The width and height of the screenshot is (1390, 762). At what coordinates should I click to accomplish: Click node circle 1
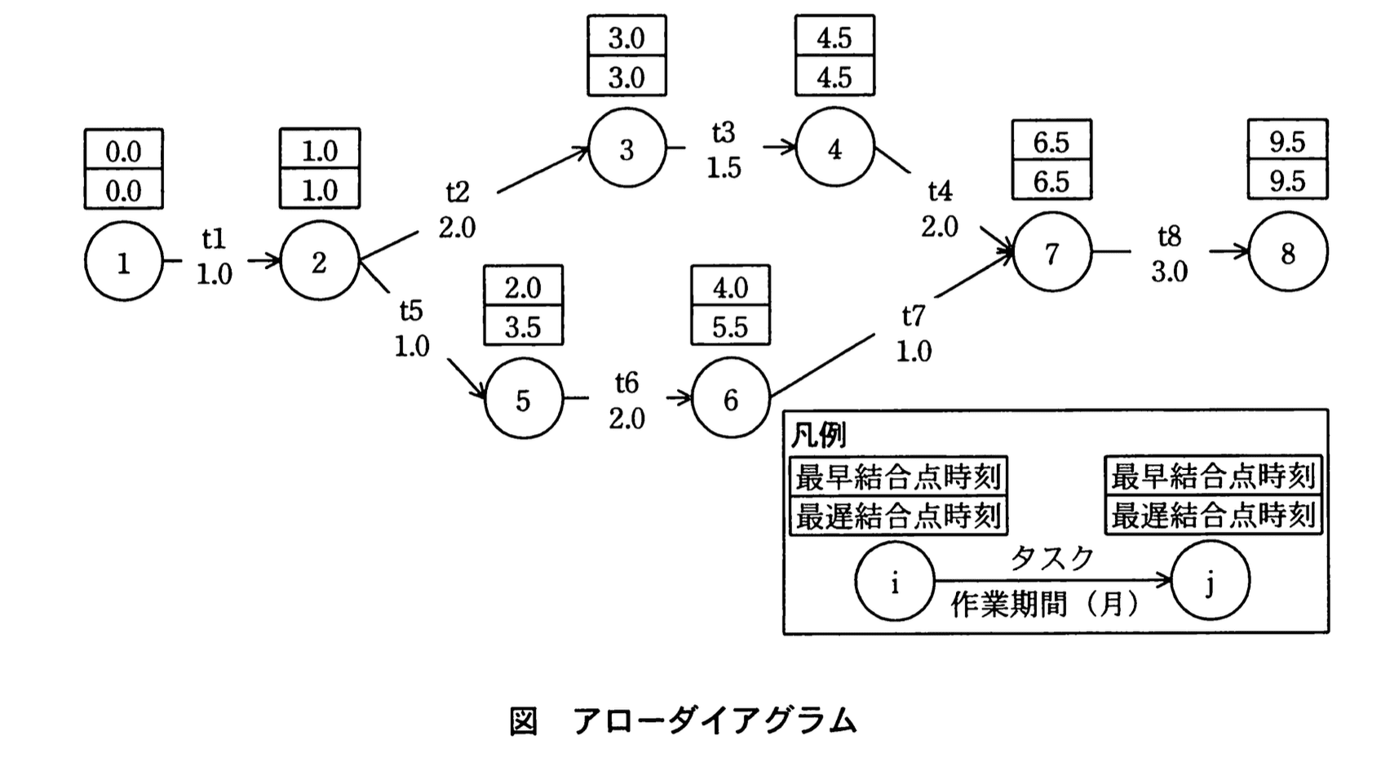123,262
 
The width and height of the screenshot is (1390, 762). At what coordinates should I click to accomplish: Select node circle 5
523,400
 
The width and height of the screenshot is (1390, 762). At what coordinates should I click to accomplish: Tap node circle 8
1287,253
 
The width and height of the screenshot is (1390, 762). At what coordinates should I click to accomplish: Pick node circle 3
626,149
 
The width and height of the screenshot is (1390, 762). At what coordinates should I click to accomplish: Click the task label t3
723,132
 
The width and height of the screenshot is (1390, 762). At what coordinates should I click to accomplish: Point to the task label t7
914,315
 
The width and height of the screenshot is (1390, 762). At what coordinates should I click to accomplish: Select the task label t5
411,310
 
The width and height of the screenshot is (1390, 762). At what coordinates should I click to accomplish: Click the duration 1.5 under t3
724,168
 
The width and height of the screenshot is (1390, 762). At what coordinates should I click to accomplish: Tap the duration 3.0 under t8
1169,272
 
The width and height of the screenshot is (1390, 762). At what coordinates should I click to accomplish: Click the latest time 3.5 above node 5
523,326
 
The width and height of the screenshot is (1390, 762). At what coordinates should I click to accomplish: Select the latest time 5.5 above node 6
730,326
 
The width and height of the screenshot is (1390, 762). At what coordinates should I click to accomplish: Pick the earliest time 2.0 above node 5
523,287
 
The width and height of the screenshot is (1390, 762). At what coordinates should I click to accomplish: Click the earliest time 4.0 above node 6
730,287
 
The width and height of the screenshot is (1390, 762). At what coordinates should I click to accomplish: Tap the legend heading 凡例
818,436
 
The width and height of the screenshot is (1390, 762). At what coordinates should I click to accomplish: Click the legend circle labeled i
894,582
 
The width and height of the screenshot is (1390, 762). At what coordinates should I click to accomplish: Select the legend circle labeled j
1210,582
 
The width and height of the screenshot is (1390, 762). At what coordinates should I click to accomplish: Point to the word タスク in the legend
1052,559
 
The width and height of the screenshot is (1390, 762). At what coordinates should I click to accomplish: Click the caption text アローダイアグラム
715,721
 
